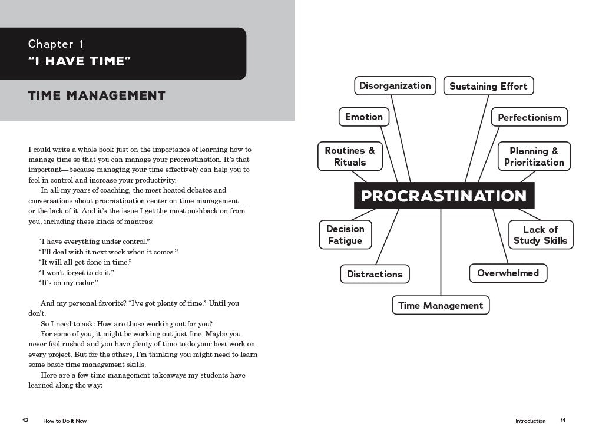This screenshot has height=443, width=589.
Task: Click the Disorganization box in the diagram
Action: pyautogui.click(x=395, y=86)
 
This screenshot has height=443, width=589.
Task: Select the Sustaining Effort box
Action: pyautogui.click(x=488, y=87)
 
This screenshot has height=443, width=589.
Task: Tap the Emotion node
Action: pyautogui.click(x=364, y=117)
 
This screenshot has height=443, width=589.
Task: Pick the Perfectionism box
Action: pyautogui.click(x=530, y=117)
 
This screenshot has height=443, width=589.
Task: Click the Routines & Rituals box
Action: pyautogui.click(x=350, y=157)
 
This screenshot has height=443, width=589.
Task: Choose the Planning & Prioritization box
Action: pyautogui.click(x=534, y=157)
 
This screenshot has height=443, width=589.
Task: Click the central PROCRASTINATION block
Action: pyautogui.click(x=444, y=196)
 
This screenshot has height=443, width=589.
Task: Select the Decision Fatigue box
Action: pyautogui.click(x=345, y=234)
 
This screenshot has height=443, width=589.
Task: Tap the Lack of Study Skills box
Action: pyautogui.click(x=540, y=234)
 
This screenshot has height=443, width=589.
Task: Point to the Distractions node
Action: pyautogui.click(x=375, y=274)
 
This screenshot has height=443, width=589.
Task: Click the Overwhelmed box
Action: pyautogui.click(x=508, y=273)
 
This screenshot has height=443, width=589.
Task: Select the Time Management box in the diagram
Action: pyautogui.click(x=441, y=305)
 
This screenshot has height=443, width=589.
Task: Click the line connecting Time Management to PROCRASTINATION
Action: pyautogui.click(x=441, y=253)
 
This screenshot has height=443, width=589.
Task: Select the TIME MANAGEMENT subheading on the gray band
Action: pyautogui.click(x=97, y=95)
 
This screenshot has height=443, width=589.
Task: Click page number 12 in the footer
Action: pyautogui.click(x=25, y=421)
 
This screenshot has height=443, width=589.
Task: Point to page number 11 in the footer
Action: pyautogui.click(x=563, y=421)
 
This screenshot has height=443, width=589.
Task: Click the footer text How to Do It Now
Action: pyautogui.click(x=65, y=421)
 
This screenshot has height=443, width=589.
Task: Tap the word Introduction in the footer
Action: pyautogui.click(x=530, y=421)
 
